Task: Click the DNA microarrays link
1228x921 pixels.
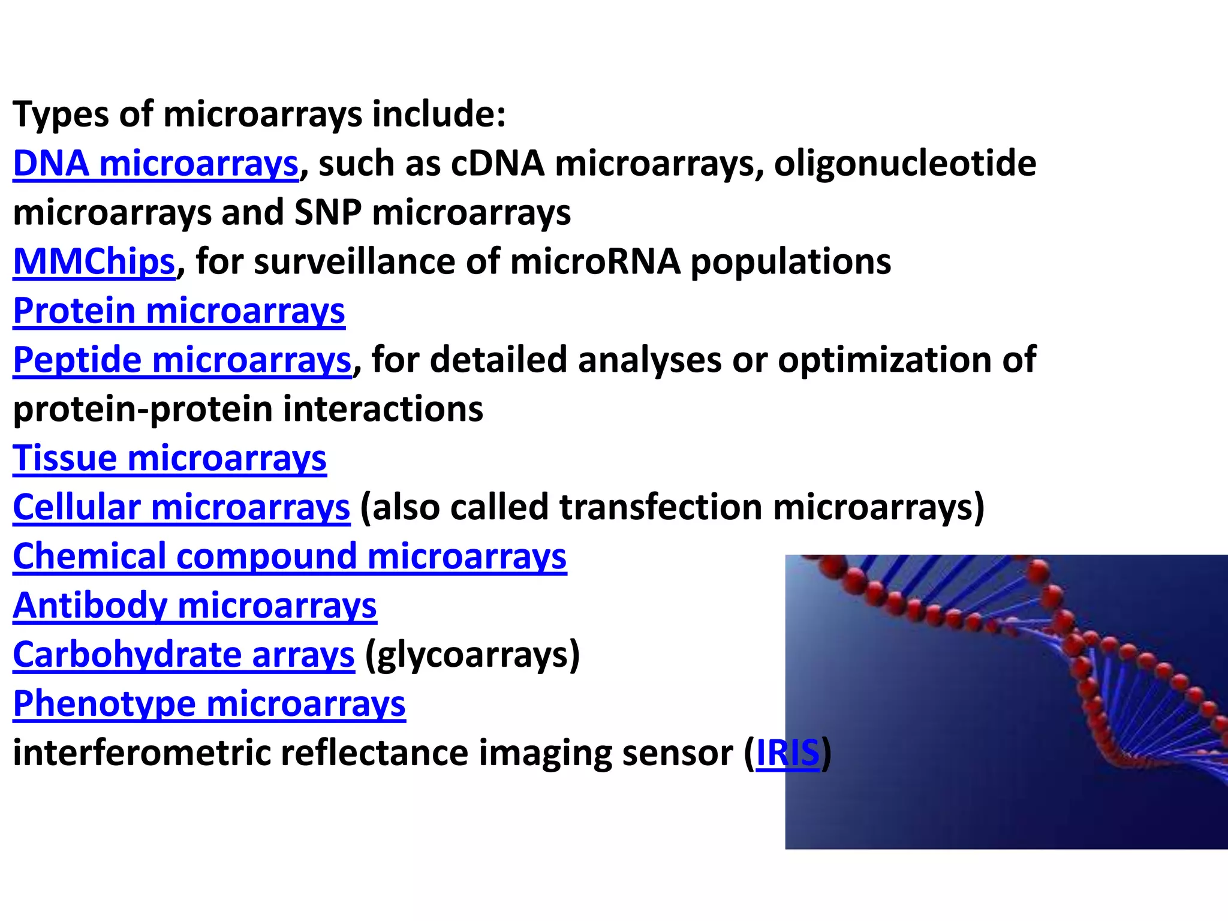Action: point(155,164)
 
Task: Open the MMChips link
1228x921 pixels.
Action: point(94,262)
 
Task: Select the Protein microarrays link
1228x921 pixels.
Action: point(179,311)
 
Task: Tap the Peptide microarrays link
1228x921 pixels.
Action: point(182,360)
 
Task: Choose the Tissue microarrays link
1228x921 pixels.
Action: point(170,459)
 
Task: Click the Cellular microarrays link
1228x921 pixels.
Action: point(181,508)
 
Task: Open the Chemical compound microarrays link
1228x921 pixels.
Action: point(290,557)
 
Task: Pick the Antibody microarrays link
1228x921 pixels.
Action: point(195,606)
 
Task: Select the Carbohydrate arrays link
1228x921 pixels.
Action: point(183,655)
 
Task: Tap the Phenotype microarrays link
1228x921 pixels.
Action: point(209,705)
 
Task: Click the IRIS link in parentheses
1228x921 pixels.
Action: point(787,753)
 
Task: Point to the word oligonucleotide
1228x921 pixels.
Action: point(905,164)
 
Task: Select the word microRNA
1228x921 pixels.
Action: point(595,262)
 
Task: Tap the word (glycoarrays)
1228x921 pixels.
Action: point(472,655)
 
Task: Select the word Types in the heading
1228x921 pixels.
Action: point(61,115)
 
